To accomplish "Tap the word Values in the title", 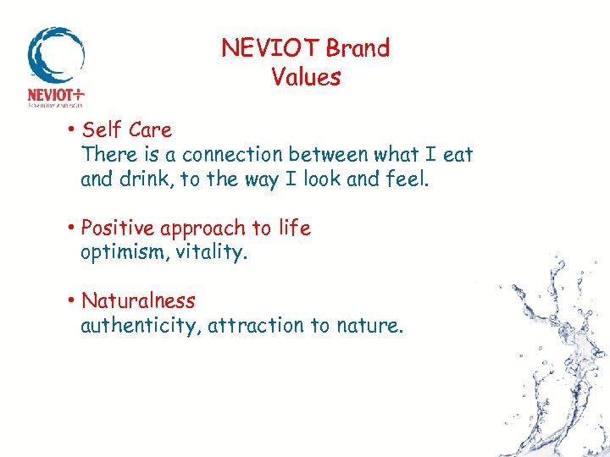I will pos(306,77).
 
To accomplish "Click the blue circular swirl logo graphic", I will pos(55,54).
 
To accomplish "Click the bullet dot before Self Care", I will pos(75,130).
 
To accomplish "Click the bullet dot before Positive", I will pos(75,228).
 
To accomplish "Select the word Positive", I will pos(118,228).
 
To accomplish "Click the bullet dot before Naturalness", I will pos(75,301).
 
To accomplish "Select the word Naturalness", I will pos(138,301).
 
